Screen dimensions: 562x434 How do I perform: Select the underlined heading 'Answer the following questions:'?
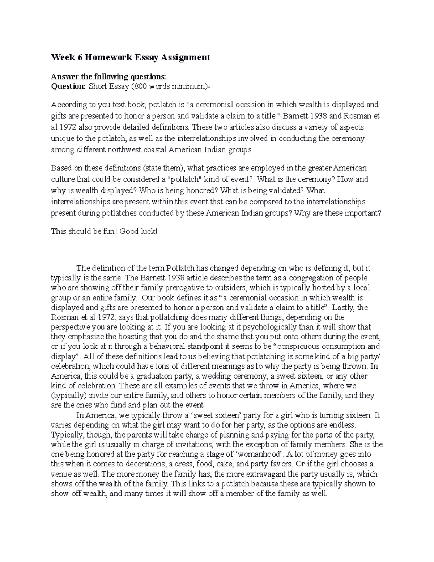pos(109,77)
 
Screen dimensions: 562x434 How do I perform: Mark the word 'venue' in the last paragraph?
pos(60,474)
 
